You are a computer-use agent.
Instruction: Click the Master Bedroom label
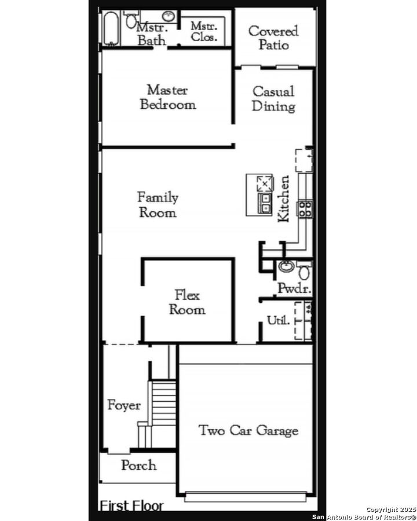tap(167, 97)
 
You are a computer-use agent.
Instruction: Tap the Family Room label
tap(158, 205)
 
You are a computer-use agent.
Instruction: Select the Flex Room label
tap(186, 303)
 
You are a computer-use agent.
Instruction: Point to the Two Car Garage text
tap(248, 430)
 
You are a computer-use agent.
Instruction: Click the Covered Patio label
tap(273, 37)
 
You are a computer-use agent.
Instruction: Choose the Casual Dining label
tap(273, 98)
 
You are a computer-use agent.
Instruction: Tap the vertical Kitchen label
tap(284, 199)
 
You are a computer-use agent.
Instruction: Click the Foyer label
tap(124, 405)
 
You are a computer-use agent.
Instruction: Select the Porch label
tap(138, 465)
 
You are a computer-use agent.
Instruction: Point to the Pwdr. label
tap(294, 288)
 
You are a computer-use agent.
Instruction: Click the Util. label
tap(278, 320)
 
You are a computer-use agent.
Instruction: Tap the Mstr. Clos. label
tap(204, 32)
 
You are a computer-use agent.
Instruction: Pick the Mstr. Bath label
tap(152, 34)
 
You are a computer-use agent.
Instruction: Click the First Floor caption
tap(131, 506)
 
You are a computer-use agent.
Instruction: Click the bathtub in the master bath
tap(111, 28)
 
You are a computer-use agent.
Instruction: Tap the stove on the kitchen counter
tap(305, 208)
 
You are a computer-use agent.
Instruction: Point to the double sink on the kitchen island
tap(265, 203)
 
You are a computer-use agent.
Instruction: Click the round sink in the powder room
tap(286, 267)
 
